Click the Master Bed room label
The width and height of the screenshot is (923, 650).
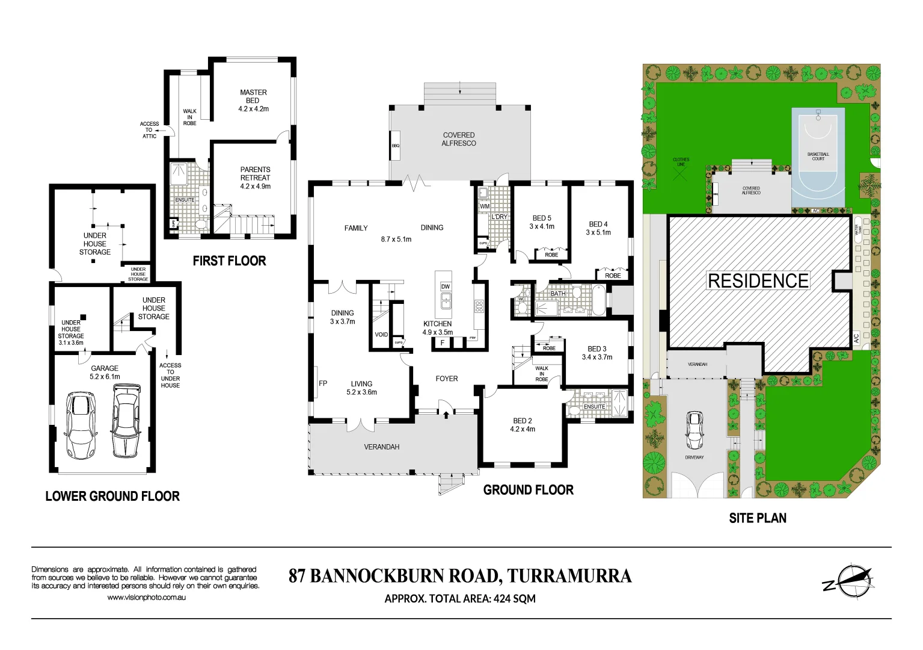pyautogui.click(x=253, y=101)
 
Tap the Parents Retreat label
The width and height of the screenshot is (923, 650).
pyautogui.click(x=255, y=178)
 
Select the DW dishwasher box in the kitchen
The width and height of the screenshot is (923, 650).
pyautogui.click(x=446, y=286)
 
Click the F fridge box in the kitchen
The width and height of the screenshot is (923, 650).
pyautogui.click(x=443, y=343)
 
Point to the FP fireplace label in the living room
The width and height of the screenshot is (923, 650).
pyautogui.click(x=323, y=383)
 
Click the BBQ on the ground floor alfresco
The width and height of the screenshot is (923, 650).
pyautogui.click(x=396, y=146)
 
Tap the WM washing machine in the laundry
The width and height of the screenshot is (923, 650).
pyautogui.click(x=485, y=206)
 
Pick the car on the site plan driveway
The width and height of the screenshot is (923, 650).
pyautogui.click(x=695, y=430)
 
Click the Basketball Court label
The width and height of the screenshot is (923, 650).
pyautogui.click(x=818, y=156)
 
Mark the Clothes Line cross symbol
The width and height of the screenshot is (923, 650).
pyautogui.click(x=680, y=175)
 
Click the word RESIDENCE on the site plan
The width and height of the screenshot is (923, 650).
pyautogui.click(x=758, y=281)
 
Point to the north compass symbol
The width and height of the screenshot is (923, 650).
pyautogui.click(x=850, y=581)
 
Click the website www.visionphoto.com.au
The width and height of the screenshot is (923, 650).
pyautogui.click(x=147, y=598)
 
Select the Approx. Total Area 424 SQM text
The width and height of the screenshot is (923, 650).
pyautogui.click(x=459, y=599)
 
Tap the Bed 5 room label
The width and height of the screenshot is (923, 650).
pyautogui.click(x=542, y=222)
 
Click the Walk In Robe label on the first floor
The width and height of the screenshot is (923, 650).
pyautogui.click(x=189, y=117)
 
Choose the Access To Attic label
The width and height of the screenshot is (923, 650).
pyautogui.click(x=149, y=130)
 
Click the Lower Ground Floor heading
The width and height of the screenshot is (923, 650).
pyautogui.click(x=112, y=497)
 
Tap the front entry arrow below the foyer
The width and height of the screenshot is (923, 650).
pyautogui.click(x=446, y=413)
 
